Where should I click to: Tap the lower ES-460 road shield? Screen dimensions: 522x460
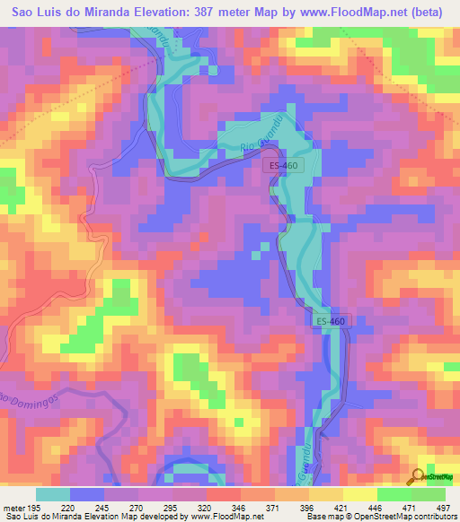(x=330, y=320)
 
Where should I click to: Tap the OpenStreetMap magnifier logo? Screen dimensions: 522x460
(x=418, y=475)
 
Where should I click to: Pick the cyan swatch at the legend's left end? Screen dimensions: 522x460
(x=52, y=495)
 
